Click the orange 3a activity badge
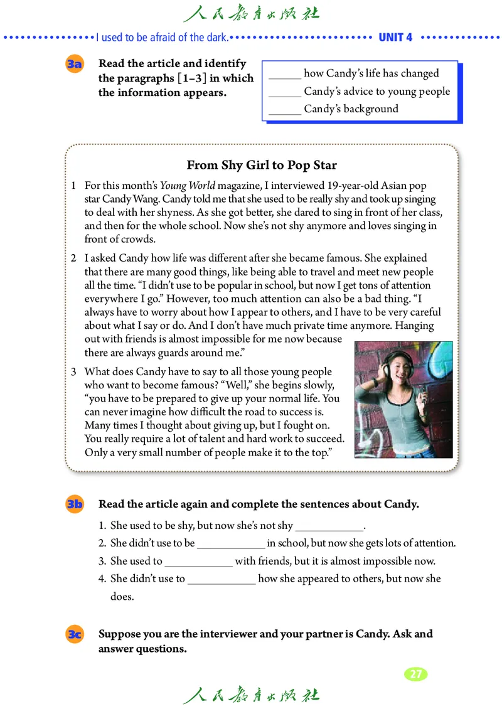point(74,65)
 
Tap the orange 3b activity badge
point(74,504)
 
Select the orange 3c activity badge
point(74,634)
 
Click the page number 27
point(415,674)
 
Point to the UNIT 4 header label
point(395,37)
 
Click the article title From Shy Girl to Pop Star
point(262,166)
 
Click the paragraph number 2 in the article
point(73,258)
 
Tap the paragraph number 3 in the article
point(73,371)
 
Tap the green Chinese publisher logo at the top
point(251,13)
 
